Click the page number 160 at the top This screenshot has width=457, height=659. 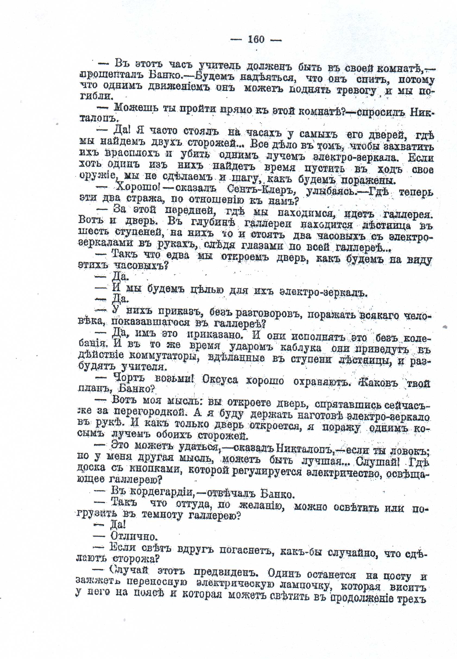[256, 39]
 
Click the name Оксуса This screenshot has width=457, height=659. [220, 380]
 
